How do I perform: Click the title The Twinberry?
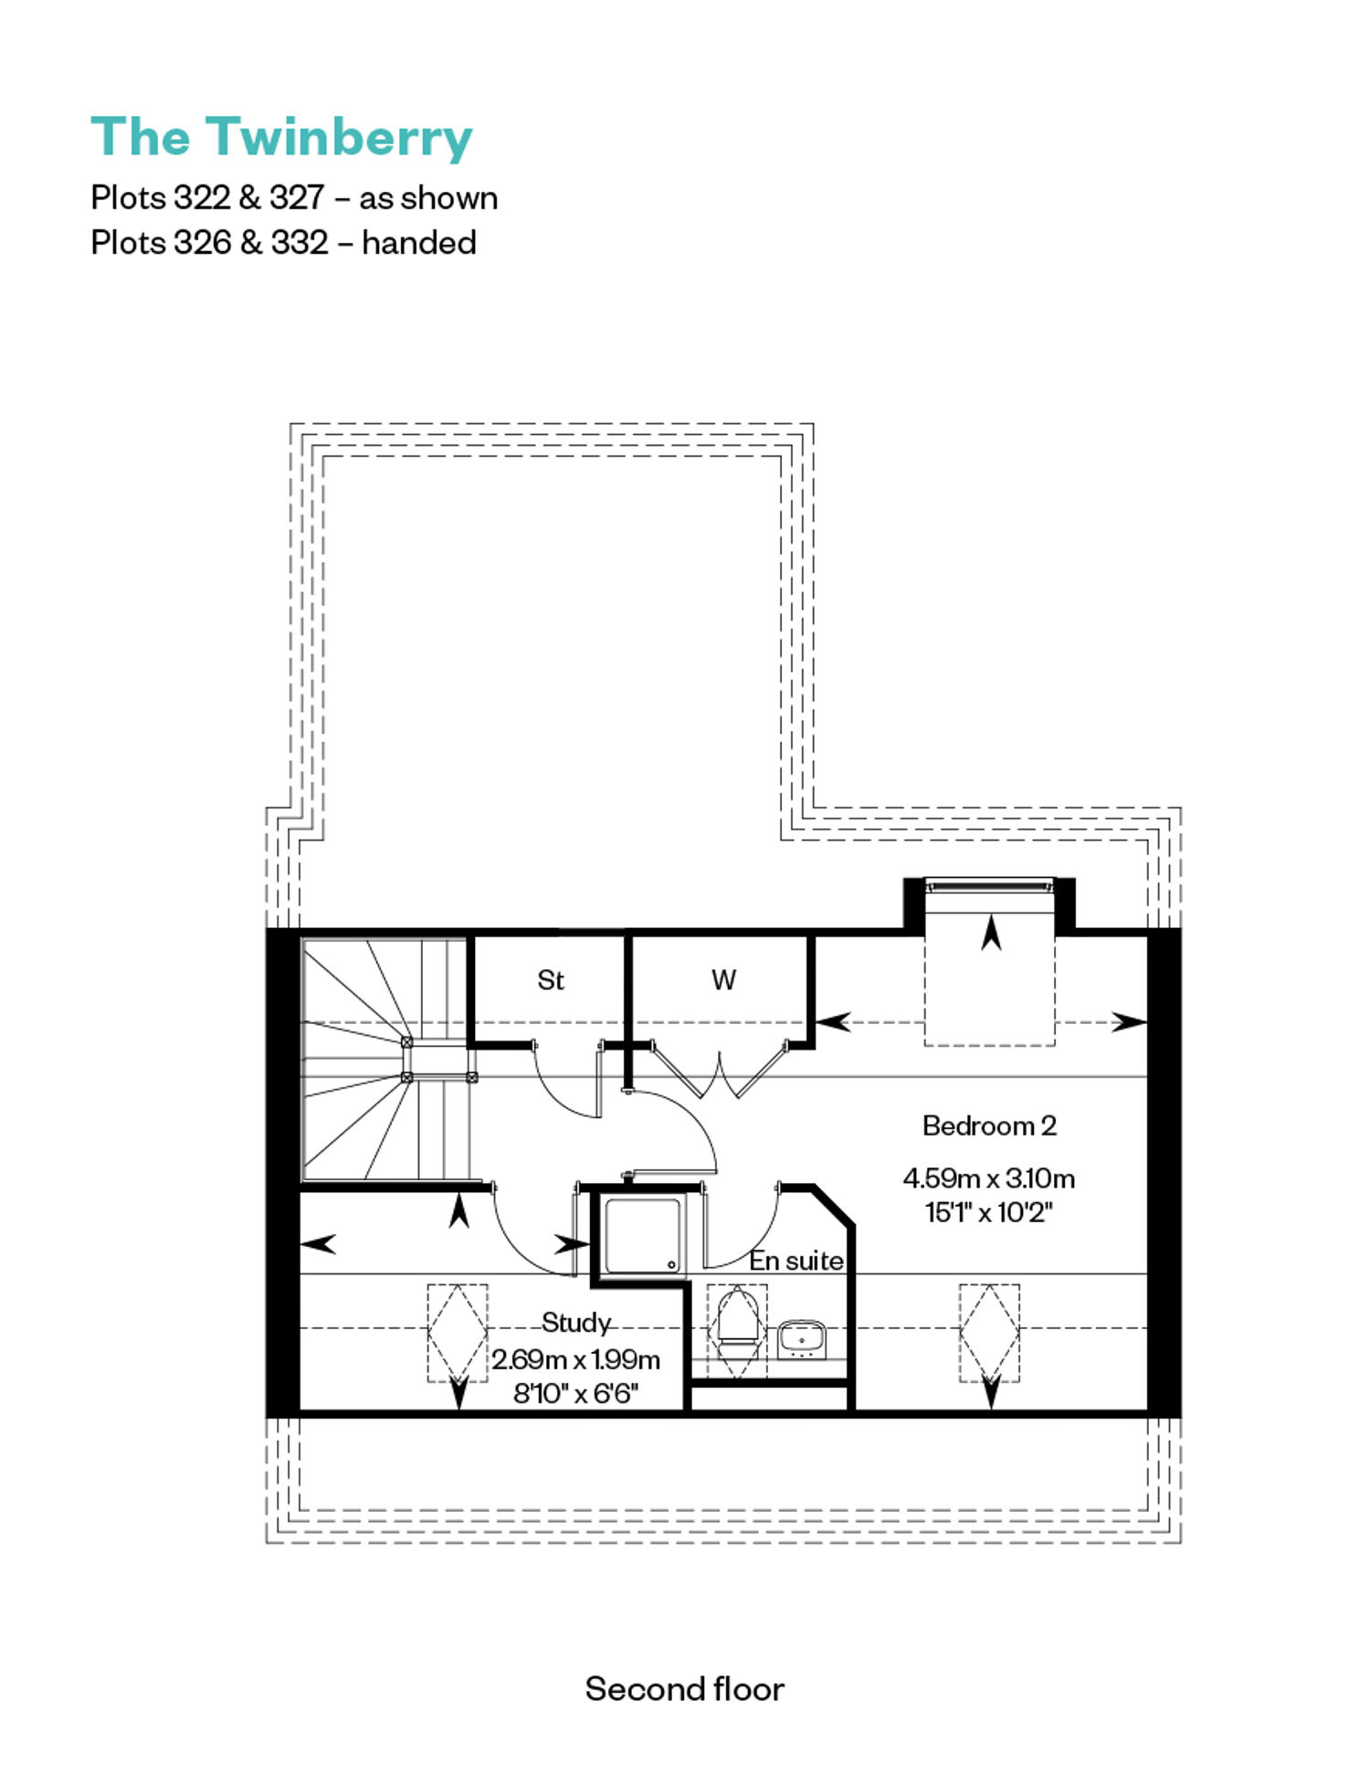[281, 137]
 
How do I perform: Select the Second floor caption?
[685, 1689]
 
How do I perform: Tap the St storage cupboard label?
[551, 980]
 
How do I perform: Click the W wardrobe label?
[723, 980]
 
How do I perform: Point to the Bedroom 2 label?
[989, 1125]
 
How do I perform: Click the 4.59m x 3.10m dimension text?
[989, 1178]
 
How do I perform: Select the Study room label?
[575, 1323]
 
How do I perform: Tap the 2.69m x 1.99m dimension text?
[576, 1360]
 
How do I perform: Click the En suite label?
[796, 1261]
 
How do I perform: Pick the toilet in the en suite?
[737, 1323]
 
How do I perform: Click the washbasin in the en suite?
[802, 1338]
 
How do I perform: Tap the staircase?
[386, 1060]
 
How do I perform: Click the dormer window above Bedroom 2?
[989, 884]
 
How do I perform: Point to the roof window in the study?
[458, 1333]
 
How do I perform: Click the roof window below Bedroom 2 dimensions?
[989, 1333]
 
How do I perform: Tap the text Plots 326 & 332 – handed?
[283, 243]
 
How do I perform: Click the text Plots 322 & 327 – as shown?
[294, 198]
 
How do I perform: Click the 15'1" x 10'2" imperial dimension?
[989, 1213]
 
